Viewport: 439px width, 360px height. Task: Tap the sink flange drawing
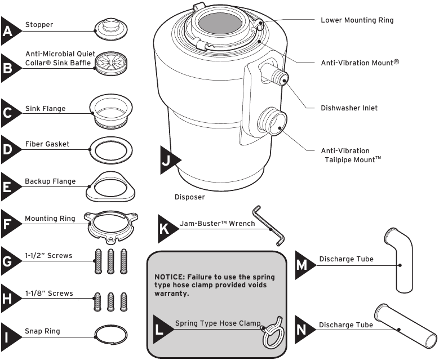tap(112, 109)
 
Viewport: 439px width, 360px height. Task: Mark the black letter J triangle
tap(167, 160)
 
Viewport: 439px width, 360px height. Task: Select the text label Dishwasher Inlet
tap(349, 108)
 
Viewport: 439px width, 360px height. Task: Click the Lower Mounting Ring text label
tap(357, 20)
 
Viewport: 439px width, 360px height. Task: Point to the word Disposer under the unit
tap(190, 198)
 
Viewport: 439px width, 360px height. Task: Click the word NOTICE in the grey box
tap(168, 278)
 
